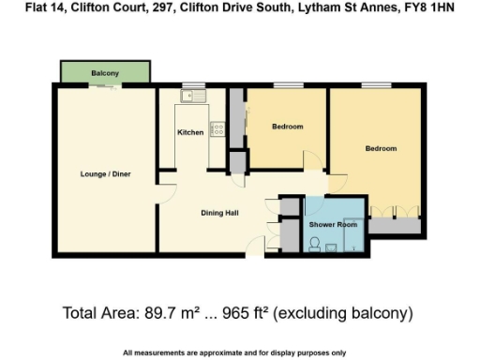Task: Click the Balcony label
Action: click(x=104, y=73)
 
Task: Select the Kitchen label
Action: click(x=190, y=133)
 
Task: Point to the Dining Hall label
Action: click(x=219, y=213)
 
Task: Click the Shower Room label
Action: click(x=333, y=225)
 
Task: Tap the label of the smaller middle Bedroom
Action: click(x=287, y=127)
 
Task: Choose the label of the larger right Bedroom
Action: click(x=381, y=149)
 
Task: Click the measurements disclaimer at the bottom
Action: click(x=234, y=352)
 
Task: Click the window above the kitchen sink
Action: click(x=193, y=86)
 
